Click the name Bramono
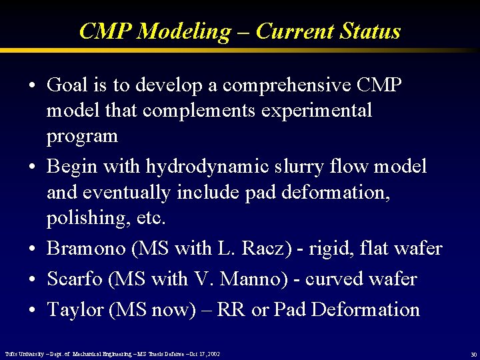pos(86,249)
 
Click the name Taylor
pos(73,309)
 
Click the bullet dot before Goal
pos(32,87)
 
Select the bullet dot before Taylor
pos(32,311)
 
